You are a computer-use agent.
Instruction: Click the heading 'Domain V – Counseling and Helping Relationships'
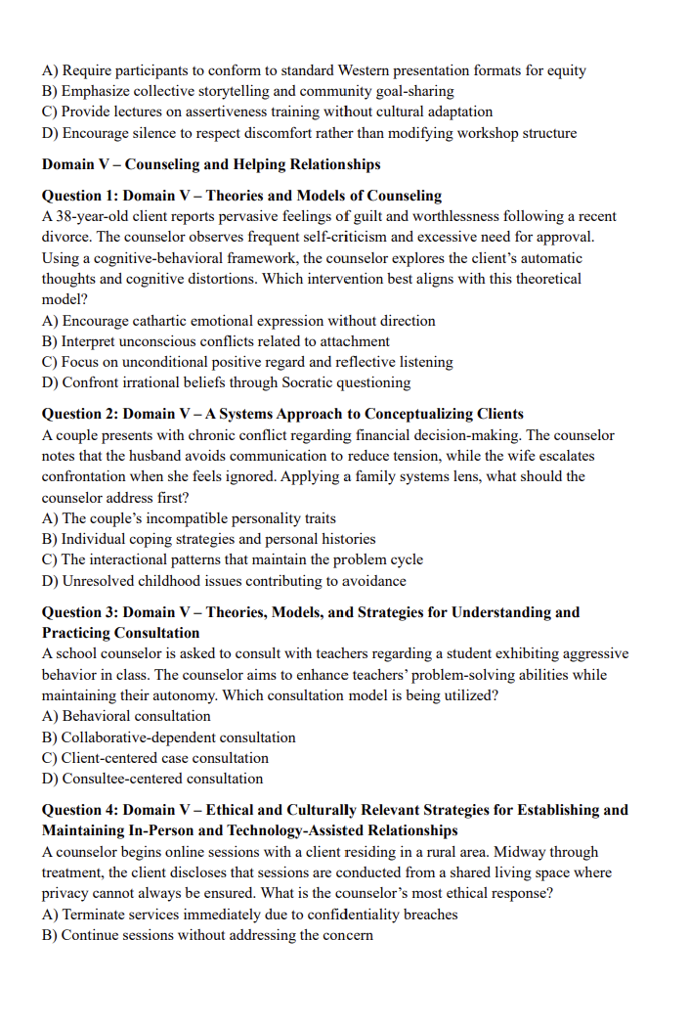210,164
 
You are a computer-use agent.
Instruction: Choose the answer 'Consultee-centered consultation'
162,779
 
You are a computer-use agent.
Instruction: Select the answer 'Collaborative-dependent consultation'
178,737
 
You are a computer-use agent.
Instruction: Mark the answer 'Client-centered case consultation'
164,758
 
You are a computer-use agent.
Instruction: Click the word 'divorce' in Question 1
66,237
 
